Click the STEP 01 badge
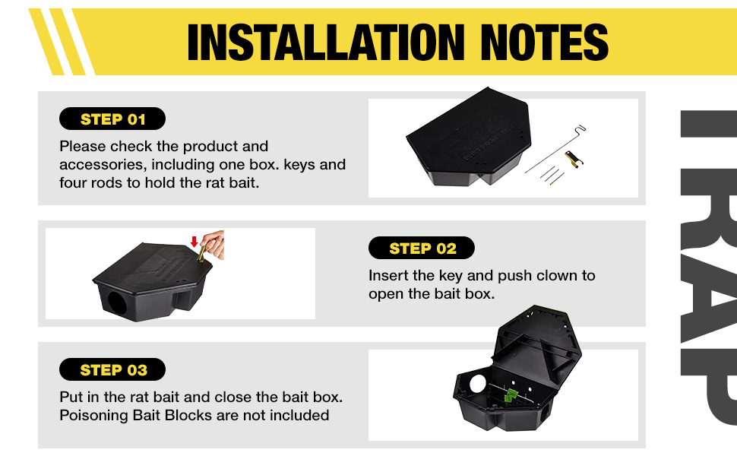point(112,119)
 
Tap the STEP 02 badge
point(422,248)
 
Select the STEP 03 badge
point(112,369)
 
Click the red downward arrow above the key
point(194,242)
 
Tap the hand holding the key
point(214,245)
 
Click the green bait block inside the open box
point(511,395)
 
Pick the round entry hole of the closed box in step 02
point(116,303)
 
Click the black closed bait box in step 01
point(469,136)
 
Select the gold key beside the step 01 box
point(574,159)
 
